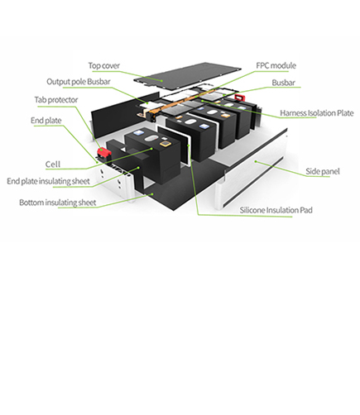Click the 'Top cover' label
tap(104, 66)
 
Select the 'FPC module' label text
tap(276, 65)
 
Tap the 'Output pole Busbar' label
tap(79, 82)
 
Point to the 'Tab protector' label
tap(56, 100)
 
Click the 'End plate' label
tap(46, 121)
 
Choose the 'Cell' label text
tap(53, 165)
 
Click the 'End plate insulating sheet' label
tap(48, 181)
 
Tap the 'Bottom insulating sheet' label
tap(58, 203)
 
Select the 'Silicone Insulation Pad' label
tap(276, 210)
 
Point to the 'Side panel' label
tap(323, 171)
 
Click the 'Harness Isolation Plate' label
tap(317, 113)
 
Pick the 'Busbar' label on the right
tap(283, 83)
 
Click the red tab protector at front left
tap(103, 152)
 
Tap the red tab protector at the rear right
tap(239, 97)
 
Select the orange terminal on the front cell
tap(165, 144)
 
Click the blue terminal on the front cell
tap(137, 133)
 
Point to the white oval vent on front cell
tap(151, 139)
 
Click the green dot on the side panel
tap(256, 161)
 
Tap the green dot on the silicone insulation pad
tap(189, 145)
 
